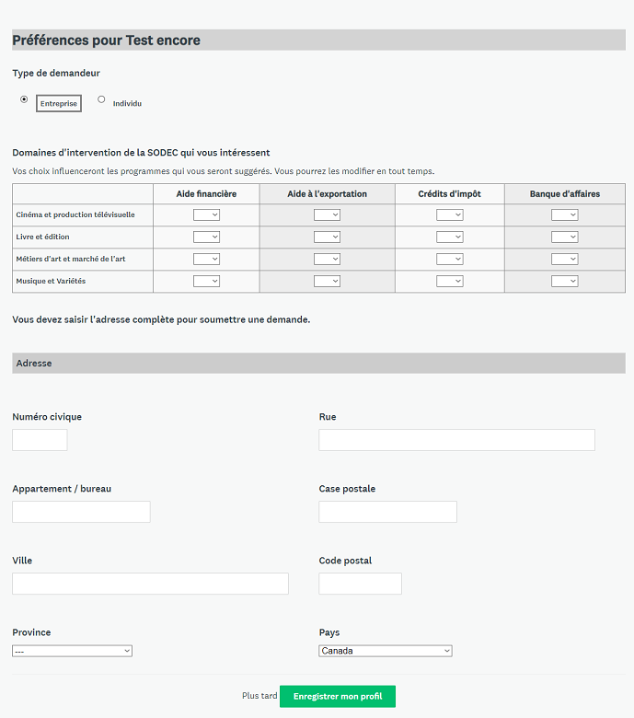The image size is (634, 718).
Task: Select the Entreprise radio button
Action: point(24,99)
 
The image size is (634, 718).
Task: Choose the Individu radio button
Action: point(101,99)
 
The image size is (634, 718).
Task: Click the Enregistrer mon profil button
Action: point(338,696)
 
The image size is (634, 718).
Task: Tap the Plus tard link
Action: point(259,696)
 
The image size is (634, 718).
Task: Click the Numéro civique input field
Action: point(40,440)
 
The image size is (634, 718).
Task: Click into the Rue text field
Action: point(456,440)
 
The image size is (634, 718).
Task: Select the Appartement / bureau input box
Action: point(81,512)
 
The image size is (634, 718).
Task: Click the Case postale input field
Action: point(387,512)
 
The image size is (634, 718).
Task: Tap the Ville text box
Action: point(150,584)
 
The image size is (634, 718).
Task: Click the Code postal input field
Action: point(360,584)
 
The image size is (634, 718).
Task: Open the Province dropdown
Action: point(73,651)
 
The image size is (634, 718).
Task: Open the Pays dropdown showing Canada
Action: point(386,651)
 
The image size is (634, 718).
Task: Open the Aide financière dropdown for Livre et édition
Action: point(206,237)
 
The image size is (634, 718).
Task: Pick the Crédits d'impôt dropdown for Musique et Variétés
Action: point(449,281)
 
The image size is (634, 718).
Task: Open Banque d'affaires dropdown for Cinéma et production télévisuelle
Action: point(564,214)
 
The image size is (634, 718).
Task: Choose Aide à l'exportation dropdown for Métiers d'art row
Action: point(327,259)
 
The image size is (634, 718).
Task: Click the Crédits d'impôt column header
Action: point(449,194)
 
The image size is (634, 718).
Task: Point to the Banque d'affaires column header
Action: point(564,194)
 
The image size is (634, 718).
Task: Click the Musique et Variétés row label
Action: point(51,281)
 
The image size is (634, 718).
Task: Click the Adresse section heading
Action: point(34,364)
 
